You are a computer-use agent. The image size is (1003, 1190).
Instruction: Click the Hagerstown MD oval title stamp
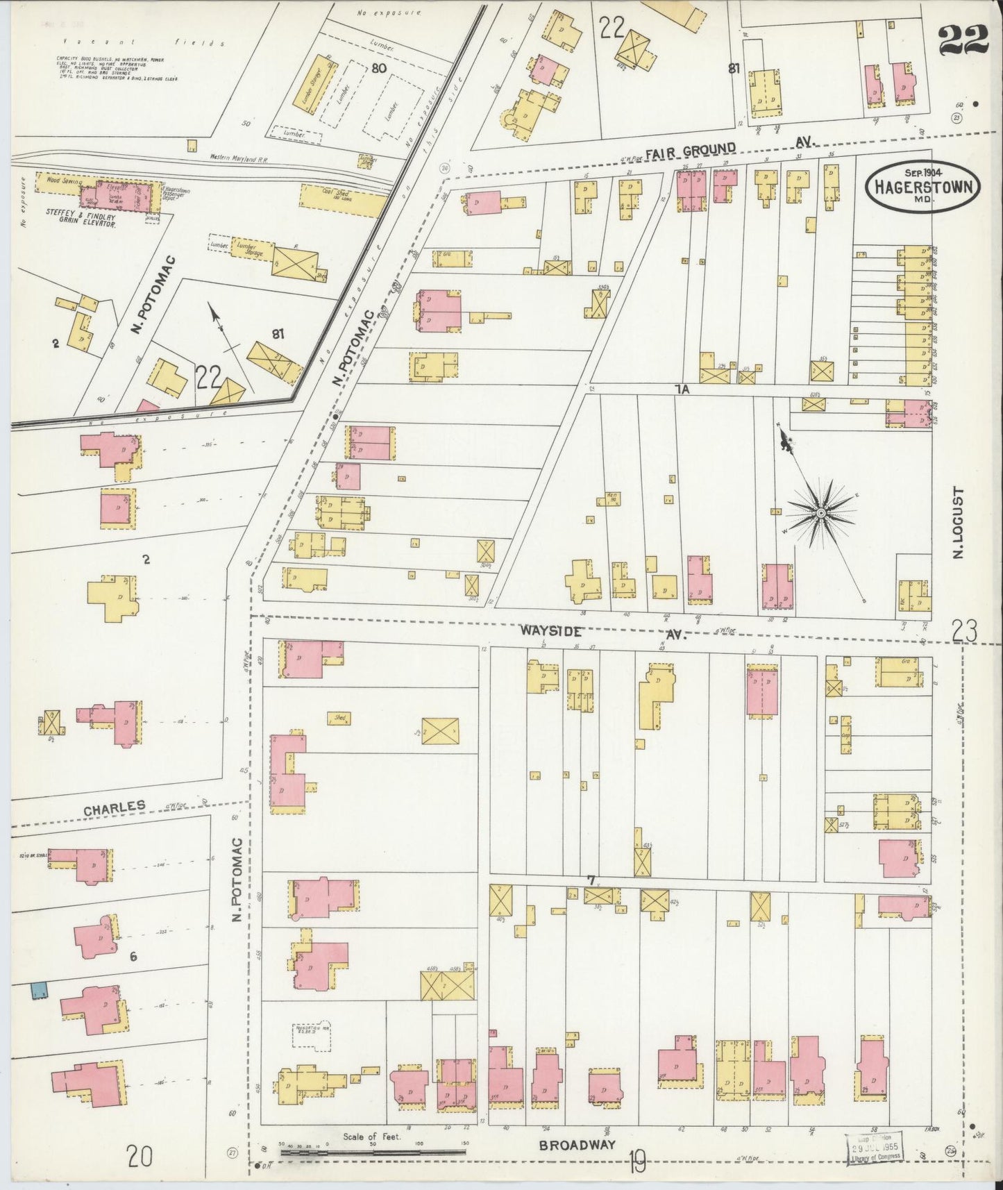923,185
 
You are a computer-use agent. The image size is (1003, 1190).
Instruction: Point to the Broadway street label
578,1145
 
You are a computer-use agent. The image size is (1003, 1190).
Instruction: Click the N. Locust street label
959,522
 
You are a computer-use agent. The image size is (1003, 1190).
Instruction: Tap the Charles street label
115,808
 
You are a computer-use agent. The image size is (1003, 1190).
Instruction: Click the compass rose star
820,513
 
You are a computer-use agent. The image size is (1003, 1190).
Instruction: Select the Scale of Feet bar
372,1152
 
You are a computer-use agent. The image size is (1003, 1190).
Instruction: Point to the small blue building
38,990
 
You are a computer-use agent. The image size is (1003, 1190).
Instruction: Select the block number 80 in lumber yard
378,68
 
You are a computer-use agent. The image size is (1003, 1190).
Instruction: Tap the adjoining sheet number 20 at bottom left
140,1156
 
